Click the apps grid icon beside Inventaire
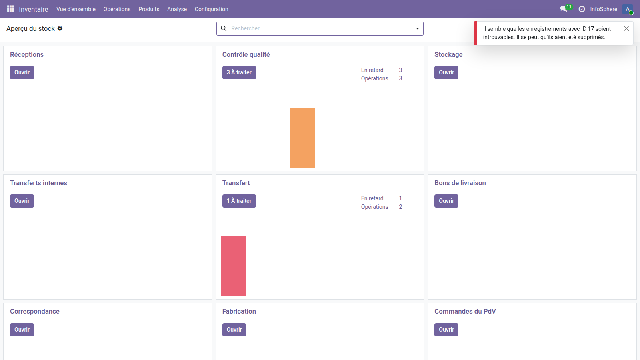click(10, 9)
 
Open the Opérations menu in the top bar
click(117, 9)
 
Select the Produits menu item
click(149, 9)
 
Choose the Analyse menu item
click(177, 9)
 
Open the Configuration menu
click(211, 9)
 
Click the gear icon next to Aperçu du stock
click(60, 28)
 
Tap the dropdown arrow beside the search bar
click(418, 28)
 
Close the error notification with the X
click(626, 28)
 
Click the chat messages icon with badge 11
click(564, 9)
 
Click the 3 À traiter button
click(239, 72)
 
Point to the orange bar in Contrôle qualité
click(302, 138)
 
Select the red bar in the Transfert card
click(233, 266)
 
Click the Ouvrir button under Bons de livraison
click(446, 201)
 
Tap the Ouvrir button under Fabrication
click(234, 330)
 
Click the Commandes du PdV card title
click(465, 311)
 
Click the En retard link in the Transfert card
click(372, 198)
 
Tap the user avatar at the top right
click(627, 9)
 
